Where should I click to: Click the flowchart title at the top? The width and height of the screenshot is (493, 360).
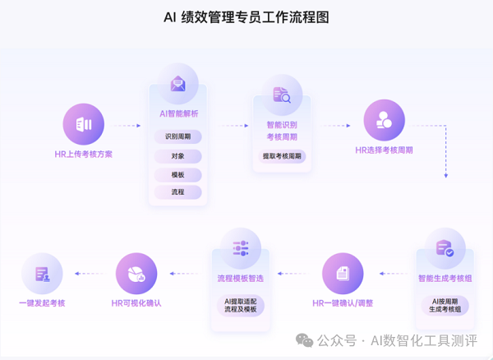pos(246,17)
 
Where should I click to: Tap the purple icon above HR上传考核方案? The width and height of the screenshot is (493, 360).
pos(84,124)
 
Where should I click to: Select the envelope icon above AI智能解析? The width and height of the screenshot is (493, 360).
pos(178,84)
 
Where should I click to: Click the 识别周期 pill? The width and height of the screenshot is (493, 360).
pos(178,137)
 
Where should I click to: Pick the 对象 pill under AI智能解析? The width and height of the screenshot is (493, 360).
pos(178,156)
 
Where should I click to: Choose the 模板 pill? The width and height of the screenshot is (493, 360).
pos(178,174)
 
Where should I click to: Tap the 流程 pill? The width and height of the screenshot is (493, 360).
pos(178,192)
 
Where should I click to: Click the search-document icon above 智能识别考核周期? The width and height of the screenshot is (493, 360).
pos(282,95)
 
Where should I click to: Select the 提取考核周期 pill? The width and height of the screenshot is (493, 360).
pos(282,156)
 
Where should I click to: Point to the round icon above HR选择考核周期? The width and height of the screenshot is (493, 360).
pos(385,120)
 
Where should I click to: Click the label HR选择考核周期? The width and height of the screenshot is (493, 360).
pos(385,150)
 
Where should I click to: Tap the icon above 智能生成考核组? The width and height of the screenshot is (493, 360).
pos(445,248)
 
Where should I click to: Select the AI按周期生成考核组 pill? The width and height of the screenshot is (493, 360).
pos(445,305)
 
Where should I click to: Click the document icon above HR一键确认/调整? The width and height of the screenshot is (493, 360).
pos(343,274)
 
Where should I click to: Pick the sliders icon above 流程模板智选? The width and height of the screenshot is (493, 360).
pos(241,248)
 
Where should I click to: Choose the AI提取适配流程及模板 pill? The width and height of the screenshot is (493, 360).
pos(241,305)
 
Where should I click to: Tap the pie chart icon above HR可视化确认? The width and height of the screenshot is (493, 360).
pos(136,274)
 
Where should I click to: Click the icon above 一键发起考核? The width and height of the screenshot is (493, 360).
pos(42,274)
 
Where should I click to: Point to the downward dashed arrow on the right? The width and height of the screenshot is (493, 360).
pos(446,152)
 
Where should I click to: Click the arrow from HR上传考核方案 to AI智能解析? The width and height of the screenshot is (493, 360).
pos(127,126)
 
